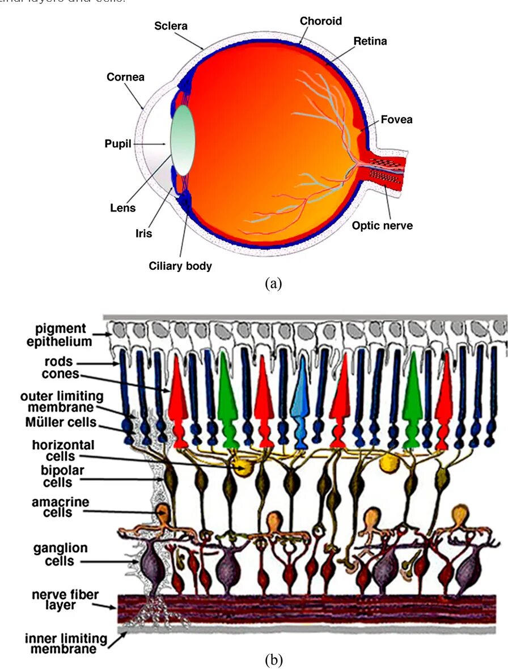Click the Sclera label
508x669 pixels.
tap(171, 26)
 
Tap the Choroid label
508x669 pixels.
tap(321, 21)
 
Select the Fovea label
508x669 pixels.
tap(396, 120)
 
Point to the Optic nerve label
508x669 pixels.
tap(382, 226)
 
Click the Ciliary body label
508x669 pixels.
tap(180, 265)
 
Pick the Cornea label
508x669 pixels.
tap(125, 77)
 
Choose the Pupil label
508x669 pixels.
tap(118, 144)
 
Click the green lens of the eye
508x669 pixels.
tap(183, 139)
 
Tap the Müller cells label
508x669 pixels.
tap(61, 422)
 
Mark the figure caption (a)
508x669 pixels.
tap(273, 283)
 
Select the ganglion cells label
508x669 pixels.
tap(53, 554)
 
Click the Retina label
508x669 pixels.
tap(370, 41)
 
